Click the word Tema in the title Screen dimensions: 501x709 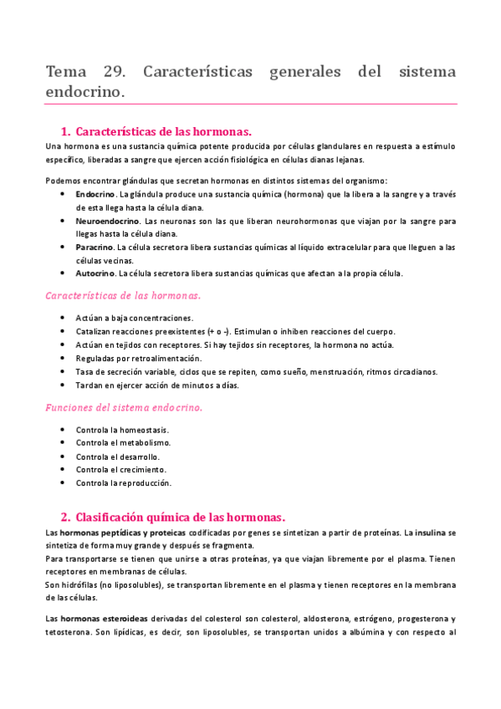coord(67,71)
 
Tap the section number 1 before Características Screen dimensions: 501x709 coord(64,132)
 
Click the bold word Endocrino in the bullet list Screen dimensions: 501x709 coord(95,194)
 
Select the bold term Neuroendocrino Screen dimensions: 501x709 coord(107,221)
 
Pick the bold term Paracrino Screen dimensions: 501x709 coord(94,247)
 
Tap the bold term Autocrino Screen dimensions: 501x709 coord(95,273)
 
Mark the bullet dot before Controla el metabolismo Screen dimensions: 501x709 coord(64,442)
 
